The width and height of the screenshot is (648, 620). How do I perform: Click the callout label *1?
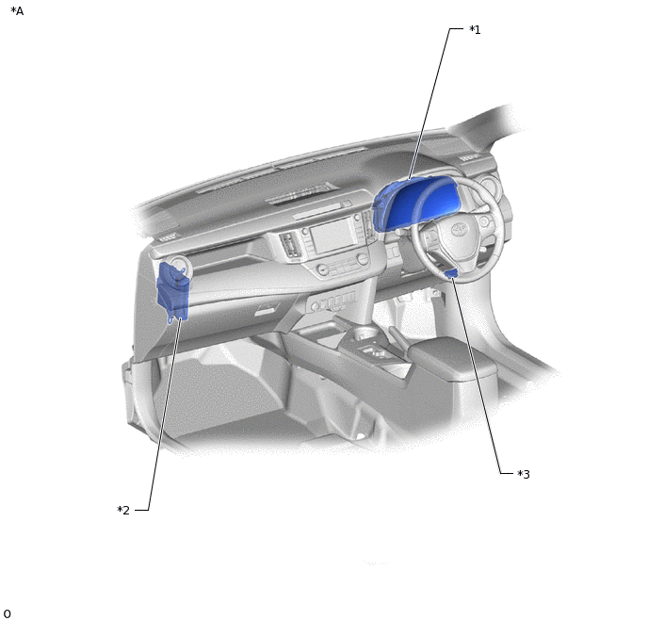[x=475, y=30]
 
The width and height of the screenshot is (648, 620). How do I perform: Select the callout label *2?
[x=123, y=510]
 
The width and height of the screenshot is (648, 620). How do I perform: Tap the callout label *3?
[x=524, y=474]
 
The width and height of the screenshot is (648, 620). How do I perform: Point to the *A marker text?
[x=17, y=11]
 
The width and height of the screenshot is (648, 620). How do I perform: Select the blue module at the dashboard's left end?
[x=173, y=292]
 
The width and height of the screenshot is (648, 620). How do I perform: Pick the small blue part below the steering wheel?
[x=450, y=273]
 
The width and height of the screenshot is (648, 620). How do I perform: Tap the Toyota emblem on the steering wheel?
[x=457, y=230]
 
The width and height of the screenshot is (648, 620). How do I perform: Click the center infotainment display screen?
[x=332, y=236]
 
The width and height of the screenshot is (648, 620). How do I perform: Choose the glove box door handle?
[x=266, y=310]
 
